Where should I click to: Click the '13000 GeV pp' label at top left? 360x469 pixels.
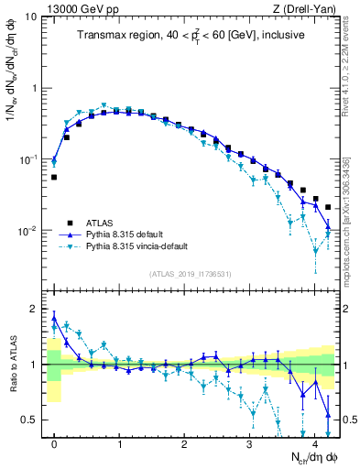[77, 8]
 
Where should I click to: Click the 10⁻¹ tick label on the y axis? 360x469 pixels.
[27, 159]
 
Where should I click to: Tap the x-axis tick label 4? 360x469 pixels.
[315, 441]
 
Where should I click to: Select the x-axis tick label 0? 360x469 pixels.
[54, 441]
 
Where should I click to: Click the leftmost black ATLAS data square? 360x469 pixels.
[54, 177]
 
